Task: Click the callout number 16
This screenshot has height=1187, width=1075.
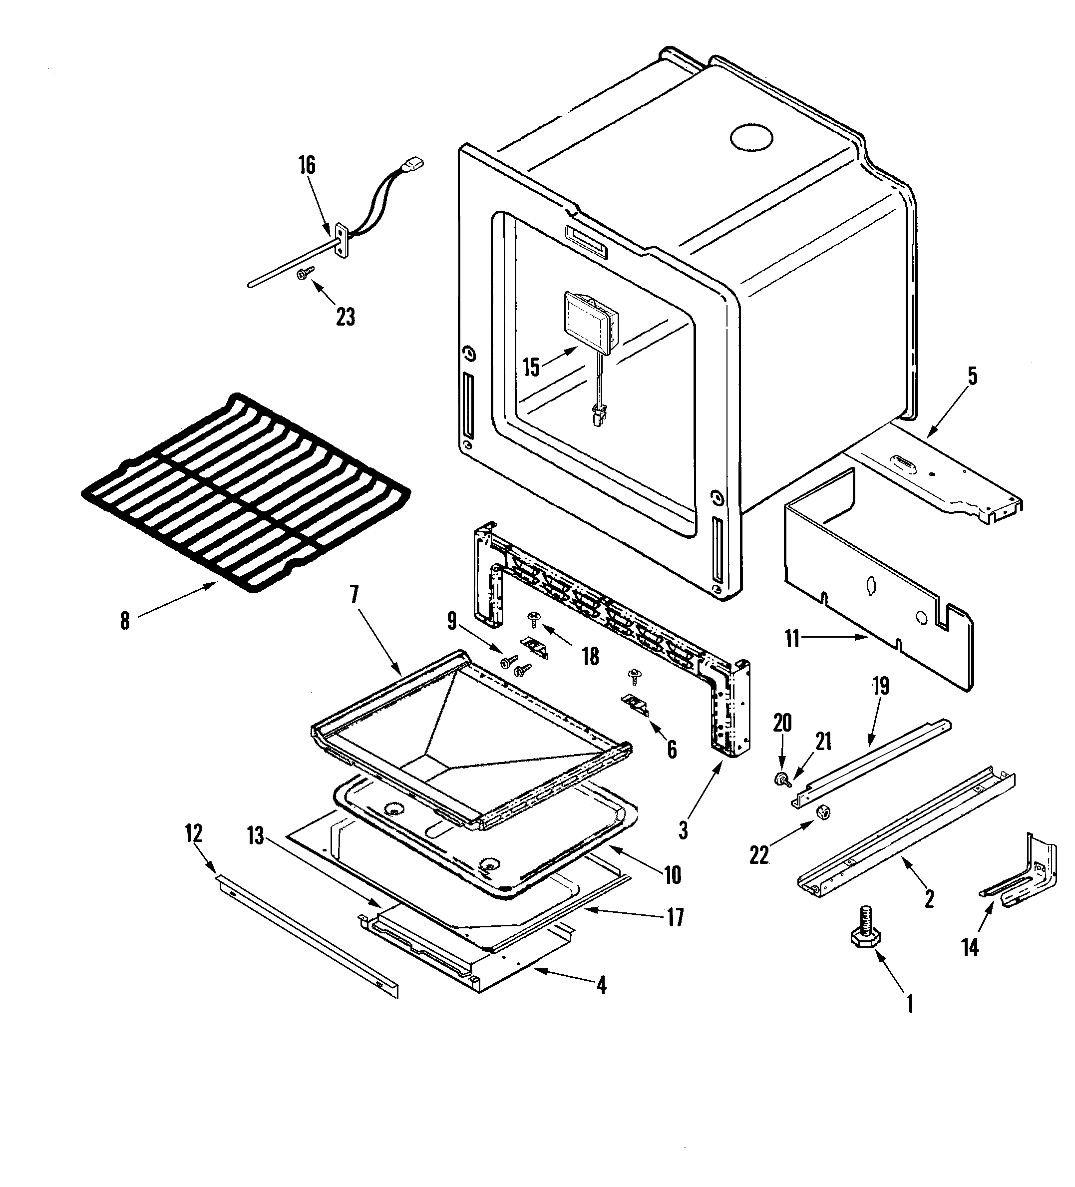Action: pos(307,165)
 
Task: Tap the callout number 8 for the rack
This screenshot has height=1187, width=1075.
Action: pos(125,621)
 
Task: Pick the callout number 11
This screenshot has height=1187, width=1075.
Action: pos(792,639)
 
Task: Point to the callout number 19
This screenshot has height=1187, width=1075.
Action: pos(881,686)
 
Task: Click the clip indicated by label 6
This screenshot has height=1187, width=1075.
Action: pos(635,703)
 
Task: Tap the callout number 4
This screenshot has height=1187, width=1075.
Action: pos(601,985)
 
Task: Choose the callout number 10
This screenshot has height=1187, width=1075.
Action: pos(673,875)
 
